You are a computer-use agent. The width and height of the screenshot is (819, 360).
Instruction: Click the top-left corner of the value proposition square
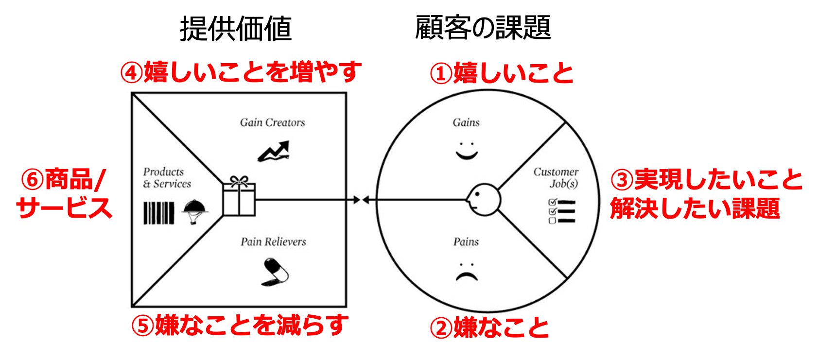pos(132,93)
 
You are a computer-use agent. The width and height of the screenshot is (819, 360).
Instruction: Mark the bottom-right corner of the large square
pos(346,306)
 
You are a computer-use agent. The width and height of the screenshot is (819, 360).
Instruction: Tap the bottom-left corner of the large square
pos(132,306)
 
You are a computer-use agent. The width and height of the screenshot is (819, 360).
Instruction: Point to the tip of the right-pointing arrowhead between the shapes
pos(361,200)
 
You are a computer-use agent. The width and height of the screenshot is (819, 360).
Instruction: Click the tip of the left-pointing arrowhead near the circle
pos(362,200)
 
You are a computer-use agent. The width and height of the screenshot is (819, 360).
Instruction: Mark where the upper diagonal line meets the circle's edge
pos(566,123)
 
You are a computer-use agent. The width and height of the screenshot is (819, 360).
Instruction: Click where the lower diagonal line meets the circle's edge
pos(567,278)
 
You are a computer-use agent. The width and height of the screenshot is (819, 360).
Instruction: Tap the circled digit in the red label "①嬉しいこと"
pos(441,73)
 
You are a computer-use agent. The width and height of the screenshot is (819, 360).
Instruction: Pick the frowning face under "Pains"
pos(467,272)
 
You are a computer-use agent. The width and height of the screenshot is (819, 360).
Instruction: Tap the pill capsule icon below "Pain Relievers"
pos(275,272)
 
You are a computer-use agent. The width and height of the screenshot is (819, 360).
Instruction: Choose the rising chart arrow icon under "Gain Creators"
pos(274,151)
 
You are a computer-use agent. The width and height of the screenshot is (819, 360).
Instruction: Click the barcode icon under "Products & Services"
pos(158,213)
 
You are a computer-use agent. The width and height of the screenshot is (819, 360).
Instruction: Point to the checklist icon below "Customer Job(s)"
pos(562,211)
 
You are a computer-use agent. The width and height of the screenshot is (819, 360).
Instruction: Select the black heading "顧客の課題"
pos(483,27)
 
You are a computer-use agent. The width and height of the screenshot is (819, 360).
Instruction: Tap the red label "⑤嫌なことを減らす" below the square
pos(240,325)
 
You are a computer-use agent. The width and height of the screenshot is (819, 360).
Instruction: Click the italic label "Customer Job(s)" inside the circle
pos(556,178)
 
